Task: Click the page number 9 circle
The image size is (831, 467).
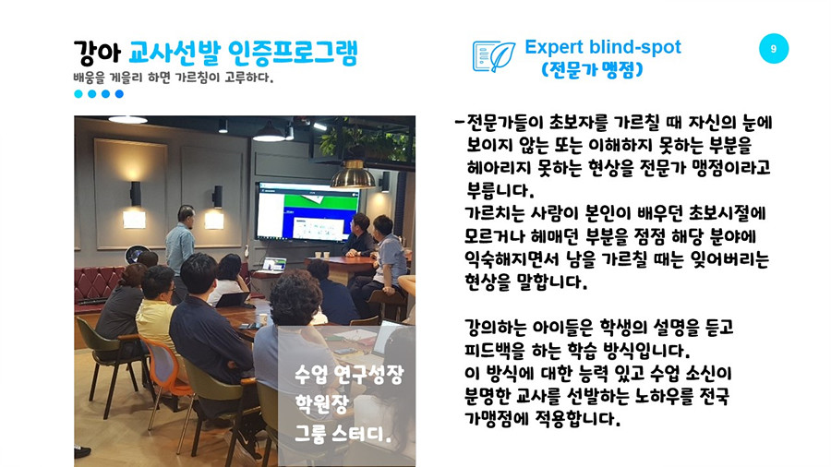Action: coord(773,49)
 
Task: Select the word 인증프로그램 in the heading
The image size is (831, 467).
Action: coord(293,53)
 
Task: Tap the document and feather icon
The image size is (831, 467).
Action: coord(493,56)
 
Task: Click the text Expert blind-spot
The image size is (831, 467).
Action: coord(603,47)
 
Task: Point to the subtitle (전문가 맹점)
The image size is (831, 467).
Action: coord(592,69)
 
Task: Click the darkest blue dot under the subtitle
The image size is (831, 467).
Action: coord(119,94)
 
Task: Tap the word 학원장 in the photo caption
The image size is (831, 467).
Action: coord(321,405)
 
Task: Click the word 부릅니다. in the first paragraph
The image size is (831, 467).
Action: coord(500,190)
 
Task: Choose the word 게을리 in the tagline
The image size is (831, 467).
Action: coord(126,78)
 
